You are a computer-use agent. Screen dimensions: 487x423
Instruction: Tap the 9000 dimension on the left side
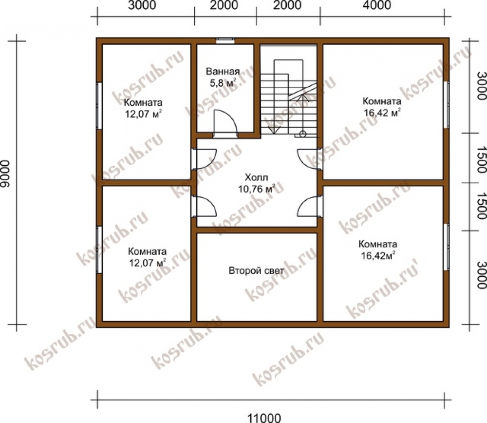pyautogui.click(x=5, y=174)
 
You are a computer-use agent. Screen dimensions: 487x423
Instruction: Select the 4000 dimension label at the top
pyautogui.click(x=377, y=5)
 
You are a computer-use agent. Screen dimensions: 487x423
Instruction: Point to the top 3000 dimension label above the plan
pyautogui.click(x=142, y=5)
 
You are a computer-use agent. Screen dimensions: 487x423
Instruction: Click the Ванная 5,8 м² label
pyautogui.click(x=223, y=77)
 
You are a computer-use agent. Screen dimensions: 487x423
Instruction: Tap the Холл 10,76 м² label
pyautogui.click(x=257, y=183)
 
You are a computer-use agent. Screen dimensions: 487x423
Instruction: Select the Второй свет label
pyautogui.click(x=256, y=270)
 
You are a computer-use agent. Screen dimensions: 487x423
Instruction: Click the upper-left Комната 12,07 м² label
pyautogui.click(x=143, y=108)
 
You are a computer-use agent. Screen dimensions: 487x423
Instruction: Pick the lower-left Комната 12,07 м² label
pyautogui.click(x=147, y=257)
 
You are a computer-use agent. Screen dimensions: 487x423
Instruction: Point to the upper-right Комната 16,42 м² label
pyautogui.click(x=382, y=107)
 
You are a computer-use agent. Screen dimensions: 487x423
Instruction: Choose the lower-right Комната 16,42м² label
pyautogui.click(x=378, y=250)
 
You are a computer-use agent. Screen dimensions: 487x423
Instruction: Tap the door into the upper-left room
pyautogui.click(x=204, y=159)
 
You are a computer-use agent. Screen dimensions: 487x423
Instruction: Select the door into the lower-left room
pyautogui.click(x=204, y=206)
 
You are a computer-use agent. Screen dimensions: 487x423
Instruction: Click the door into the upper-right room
pyautogui.click(x=309, y=159)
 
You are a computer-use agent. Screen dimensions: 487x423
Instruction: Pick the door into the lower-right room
pyautogui.click(x=309, y=206)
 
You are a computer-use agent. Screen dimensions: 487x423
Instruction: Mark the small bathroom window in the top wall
pyautogui.click(x=225, y=39)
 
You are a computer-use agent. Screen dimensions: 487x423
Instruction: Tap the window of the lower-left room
pyautogui.click(x=99, y=250)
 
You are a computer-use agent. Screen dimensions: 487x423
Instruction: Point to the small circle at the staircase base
pyautogui.click(x=302, y=135)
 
